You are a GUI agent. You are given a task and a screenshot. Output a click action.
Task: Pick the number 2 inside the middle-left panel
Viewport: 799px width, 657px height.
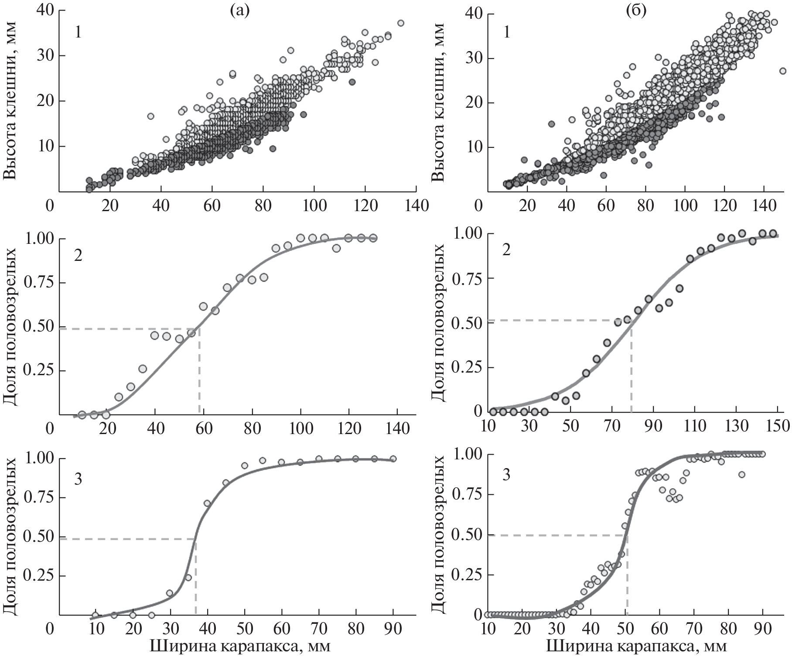coord(78,256)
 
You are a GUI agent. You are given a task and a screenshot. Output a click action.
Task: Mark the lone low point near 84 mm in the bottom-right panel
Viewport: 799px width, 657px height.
coord(741,475)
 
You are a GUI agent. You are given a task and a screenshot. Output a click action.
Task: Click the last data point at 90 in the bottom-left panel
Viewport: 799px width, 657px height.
coord(393,459)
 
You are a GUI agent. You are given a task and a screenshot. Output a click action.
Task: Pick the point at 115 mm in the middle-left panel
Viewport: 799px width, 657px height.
coord(336,248)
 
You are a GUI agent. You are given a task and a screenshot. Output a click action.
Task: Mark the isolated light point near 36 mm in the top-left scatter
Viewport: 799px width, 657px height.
coord(150,116)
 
